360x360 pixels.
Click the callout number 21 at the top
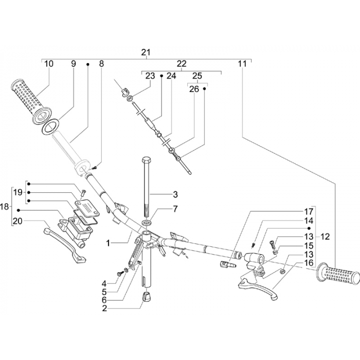pos(146,52)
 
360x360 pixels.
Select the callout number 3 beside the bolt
pos(175,194)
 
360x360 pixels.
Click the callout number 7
pos(175,209)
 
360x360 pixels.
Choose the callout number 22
pos(182,64)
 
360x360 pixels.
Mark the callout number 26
pos(193,88)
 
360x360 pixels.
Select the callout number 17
pos(309,211)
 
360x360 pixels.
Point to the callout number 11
pos(242,64)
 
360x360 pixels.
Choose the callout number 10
pos(49,64)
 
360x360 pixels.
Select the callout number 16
pos(309,263)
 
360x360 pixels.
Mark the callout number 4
pos(104,283)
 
